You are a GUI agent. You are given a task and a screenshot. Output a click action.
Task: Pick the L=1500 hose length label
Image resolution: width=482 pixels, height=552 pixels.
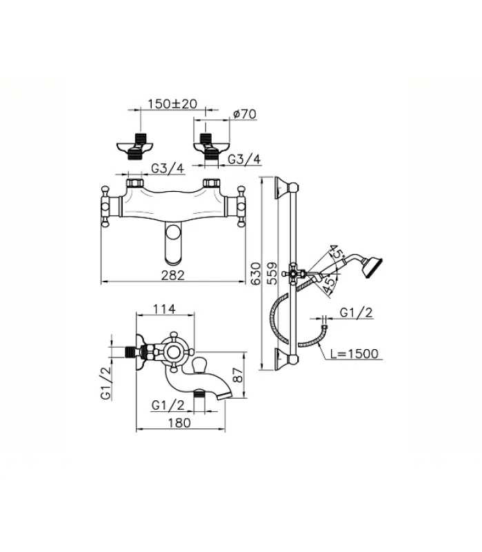[x=354, y=354]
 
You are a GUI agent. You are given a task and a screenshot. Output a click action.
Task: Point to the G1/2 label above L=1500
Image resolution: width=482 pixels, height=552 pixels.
[x=356, y=313]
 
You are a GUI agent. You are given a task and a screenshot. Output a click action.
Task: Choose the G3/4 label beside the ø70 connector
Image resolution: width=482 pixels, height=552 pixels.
[x=244, y=160]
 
